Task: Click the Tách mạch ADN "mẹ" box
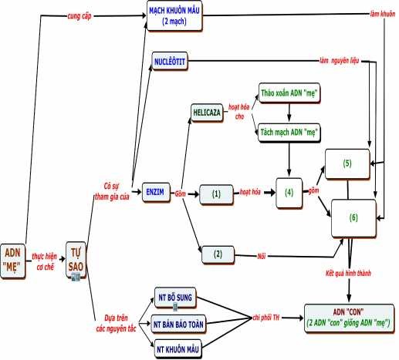coord(289,133)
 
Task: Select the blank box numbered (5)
coord(347,163)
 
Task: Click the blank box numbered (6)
coord(353,217)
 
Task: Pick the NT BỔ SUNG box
coord(173,298)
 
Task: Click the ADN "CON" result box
coord(348,316)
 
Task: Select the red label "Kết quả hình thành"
coord(342,274)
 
